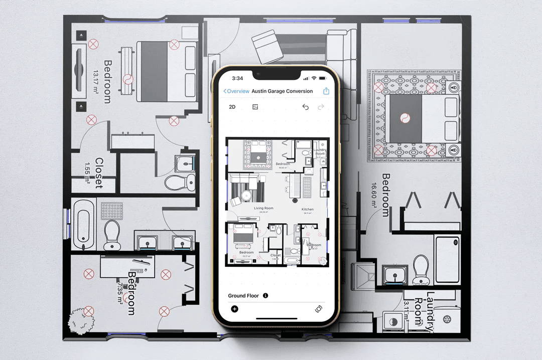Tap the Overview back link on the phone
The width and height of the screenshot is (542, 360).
coord(236,91)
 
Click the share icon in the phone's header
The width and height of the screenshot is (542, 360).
coord(326,91)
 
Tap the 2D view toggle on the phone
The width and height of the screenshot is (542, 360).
coord(232,107)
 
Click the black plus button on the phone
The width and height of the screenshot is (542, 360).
coord(234,308)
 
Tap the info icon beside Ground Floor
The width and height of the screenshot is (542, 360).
coord(265,296)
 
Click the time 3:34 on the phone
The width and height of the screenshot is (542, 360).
coord(237,78)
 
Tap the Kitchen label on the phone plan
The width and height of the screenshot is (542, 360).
coord(307,209)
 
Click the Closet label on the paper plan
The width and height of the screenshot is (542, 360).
coord(98,173)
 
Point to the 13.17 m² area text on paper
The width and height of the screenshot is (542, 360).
coord(95,82)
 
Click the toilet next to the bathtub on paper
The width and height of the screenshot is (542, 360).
coord(111,234)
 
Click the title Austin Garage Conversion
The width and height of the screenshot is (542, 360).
coord(282,91)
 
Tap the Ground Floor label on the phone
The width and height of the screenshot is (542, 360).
coord(243,296)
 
